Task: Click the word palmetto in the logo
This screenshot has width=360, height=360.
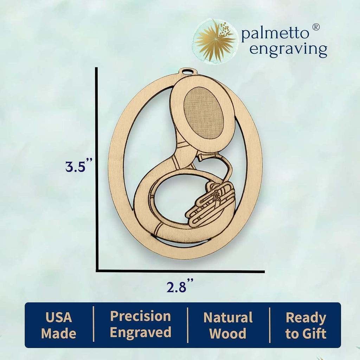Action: (275, 33)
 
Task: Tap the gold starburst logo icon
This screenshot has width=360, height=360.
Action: (215, 41)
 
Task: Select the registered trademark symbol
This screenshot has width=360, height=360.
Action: (316, 27)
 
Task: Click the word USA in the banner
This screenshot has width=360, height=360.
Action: (59, 317)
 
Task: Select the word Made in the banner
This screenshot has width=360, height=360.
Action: (59, 333)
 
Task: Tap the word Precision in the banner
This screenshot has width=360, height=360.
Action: (141, 316)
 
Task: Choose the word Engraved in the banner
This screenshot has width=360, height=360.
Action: (141, 333)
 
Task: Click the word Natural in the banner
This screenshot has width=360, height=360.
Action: (228, 317)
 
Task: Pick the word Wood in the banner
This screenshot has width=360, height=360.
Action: (228, 334)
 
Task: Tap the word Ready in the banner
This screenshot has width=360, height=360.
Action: (306, 318)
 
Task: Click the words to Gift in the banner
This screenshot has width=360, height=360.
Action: (306, 334)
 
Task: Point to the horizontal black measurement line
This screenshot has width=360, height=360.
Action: (180, 271)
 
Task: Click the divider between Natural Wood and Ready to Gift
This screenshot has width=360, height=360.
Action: (270, 325)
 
